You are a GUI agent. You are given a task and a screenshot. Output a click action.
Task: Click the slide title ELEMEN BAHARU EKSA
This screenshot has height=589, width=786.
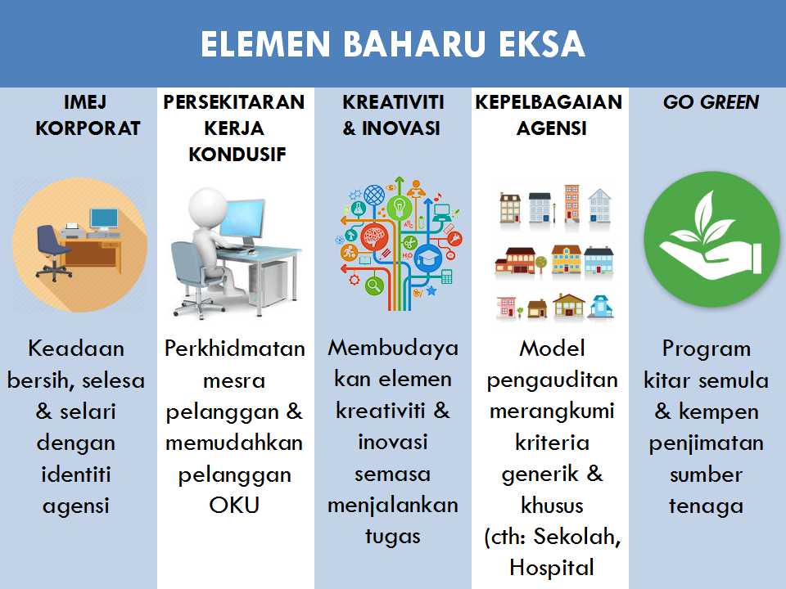coord(393,45)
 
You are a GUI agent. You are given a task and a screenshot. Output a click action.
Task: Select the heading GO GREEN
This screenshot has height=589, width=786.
coord(710,102)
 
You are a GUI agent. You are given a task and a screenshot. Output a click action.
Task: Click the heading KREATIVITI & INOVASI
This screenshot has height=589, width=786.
coord(393,115)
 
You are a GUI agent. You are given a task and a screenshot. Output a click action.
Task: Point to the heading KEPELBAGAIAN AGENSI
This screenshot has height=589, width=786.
coord(549,115)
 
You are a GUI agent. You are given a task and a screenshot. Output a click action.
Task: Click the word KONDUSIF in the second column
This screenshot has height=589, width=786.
coord(237,154)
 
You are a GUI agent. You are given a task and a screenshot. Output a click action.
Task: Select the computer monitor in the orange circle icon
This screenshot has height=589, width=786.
coord(104,219)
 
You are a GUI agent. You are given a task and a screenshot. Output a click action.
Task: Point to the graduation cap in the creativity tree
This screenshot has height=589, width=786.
coord(427,259)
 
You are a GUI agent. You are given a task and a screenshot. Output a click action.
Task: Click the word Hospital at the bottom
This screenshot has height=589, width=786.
coord(551,567)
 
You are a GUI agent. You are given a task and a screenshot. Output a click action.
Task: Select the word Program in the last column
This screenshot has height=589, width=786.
coord(706,349)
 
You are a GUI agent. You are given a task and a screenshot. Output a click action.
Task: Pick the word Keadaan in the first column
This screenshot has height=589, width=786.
coord(76,348)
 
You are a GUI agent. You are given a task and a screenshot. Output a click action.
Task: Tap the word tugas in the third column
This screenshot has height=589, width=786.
coord(393,536)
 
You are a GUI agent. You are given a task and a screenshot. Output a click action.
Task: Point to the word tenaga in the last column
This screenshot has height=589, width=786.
coord(706,506)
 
